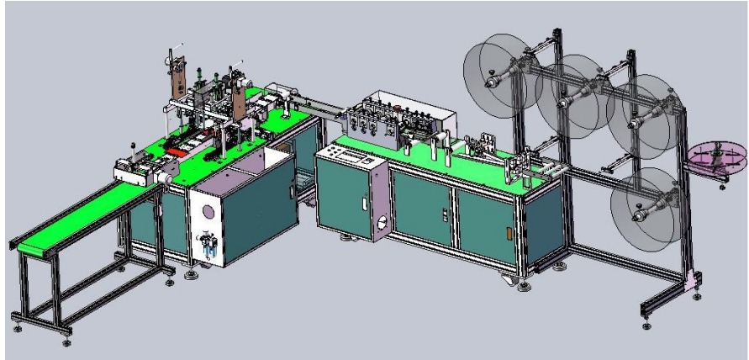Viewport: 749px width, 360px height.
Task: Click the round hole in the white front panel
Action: (203, 211)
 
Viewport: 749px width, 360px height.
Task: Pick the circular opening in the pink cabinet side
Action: (382, 225)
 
